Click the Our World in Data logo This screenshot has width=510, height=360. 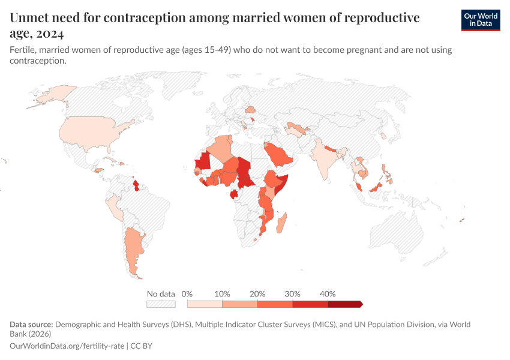point(480,20)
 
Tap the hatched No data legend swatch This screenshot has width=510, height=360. point(161,304)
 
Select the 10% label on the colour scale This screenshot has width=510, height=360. point(222,294)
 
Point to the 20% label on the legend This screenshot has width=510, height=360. point(257,294)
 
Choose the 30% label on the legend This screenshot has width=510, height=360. point(293,294)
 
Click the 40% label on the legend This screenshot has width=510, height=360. point(328,294)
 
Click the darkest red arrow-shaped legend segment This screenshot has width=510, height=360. point(345,304)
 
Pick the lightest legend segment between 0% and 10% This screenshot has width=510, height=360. point(205,304)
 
